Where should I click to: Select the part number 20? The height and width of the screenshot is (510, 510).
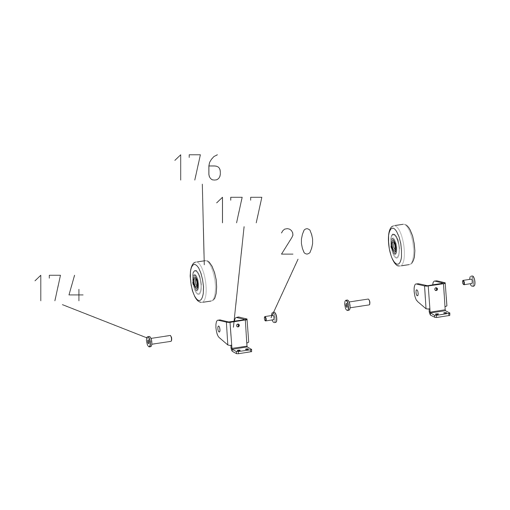pyautogui.click(x=297, y=242)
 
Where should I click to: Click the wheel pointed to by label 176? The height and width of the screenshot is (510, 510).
pyautogui.click(x=203, y=281)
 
